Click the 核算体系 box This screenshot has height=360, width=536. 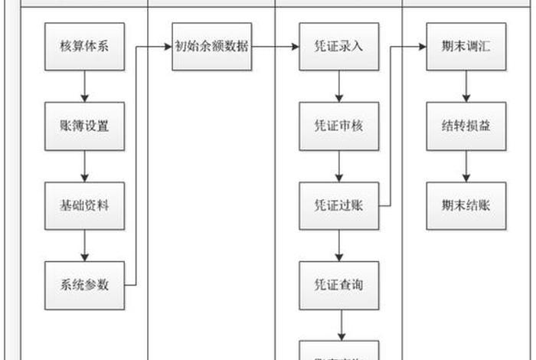point(84,47)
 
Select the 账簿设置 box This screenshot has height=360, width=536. point(84,126)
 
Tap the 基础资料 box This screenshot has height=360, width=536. point(84,206)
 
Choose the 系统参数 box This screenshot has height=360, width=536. point(84,285)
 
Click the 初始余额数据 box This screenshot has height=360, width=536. point(211,47)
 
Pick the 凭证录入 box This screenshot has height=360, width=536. point(338,47)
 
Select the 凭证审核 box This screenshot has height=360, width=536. point(338,126)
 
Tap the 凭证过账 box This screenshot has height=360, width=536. point(338,206)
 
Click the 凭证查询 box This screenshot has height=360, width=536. point(338,285)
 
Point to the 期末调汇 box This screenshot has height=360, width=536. point(466,47)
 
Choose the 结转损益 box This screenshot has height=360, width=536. point(466,126)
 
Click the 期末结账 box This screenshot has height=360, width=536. point(466,206)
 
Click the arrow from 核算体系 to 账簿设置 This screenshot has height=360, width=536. point(84,87)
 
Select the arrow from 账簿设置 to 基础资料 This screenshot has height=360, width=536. point(84,166)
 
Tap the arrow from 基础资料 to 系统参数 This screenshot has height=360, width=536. point(84,245)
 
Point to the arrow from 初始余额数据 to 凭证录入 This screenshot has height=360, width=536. point(275,47)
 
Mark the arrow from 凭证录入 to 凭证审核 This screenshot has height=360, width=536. point(338,87)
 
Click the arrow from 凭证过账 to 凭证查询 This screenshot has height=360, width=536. point(338,245)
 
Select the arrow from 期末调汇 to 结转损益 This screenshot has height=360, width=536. point(466,87)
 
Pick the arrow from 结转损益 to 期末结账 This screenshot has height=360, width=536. point(466,166)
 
